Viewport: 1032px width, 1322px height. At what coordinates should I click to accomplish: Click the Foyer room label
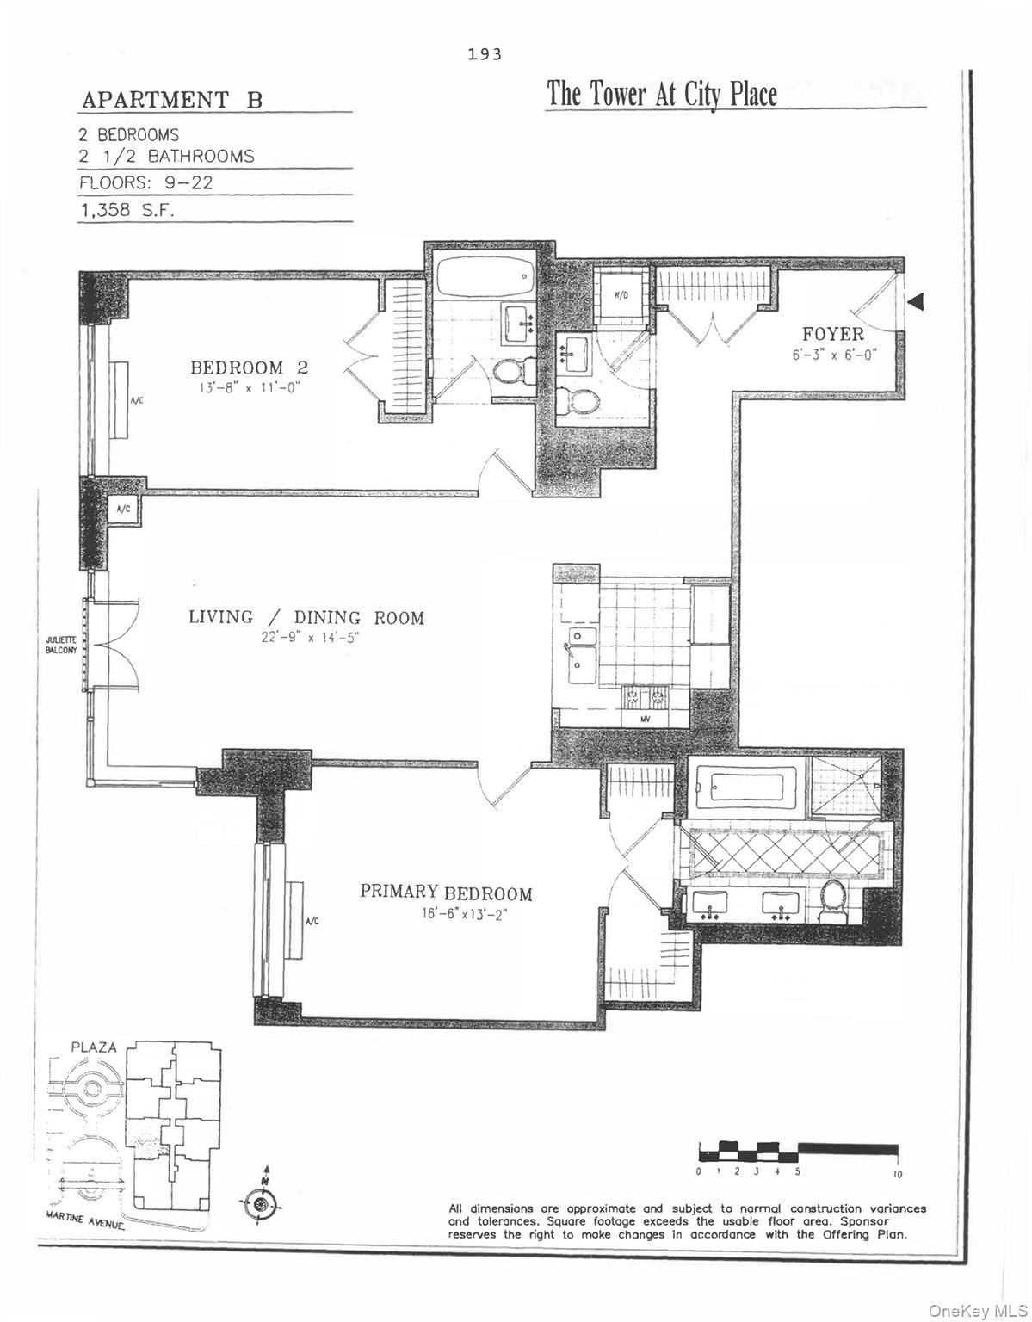click(832, 334)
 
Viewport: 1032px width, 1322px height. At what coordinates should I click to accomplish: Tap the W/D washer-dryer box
click(621, 296)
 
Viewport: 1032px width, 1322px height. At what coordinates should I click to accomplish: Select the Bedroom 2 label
click(249, 368)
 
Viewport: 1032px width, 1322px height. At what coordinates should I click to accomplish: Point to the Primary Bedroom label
click(446, 893)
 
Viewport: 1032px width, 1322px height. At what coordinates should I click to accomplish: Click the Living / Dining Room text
click(306, 617)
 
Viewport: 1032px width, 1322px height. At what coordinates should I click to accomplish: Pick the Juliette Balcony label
click(61, 645)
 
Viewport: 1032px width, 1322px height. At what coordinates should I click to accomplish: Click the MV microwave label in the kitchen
click(646, 718)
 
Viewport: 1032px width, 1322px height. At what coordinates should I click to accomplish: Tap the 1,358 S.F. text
click(127, 211)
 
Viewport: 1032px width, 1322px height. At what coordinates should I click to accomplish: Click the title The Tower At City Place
click(662, 94)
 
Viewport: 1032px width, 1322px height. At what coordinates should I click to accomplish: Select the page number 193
click(485, 54)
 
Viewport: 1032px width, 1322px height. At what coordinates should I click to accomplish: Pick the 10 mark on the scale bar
click(897, 1174)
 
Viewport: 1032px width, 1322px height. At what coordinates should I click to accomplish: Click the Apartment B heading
click(172, 100)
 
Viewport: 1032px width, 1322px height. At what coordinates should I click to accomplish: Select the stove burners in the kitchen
click(646, 696)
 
